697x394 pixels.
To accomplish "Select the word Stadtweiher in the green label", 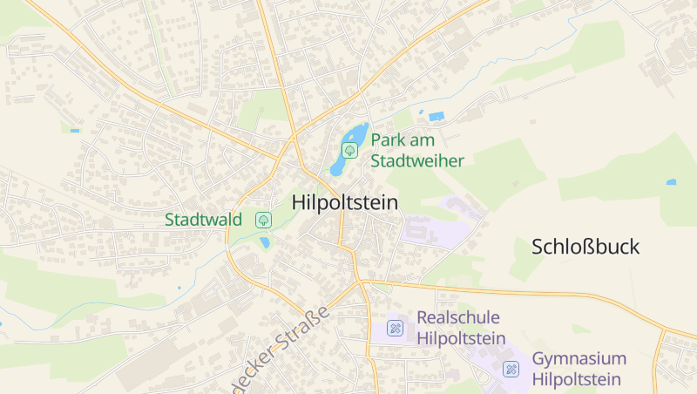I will pyautogui.click(x=417, y=160).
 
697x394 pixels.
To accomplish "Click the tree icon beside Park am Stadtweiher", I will pyautogui.click(x=350, y=150).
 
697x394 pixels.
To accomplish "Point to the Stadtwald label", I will pyautogui.click(x=203, y=220).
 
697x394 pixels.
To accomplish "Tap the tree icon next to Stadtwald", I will pyautogui.click(x=262, y=220).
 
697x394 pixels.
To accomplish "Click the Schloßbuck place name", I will pyautogui.click(x=585, y=247).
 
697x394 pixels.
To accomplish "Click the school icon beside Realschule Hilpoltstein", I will pyautogui.click(x=395, y=328).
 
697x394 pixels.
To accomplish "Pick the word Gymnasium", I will pyautogui.click(x=579, y=359).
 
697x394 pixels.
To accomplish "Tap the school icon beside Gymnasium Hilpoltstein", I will pyautogui.click(x=511, y=370).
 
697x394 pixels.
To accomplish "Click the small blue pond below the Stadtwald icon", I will pyautogui.click(x=265, y=243).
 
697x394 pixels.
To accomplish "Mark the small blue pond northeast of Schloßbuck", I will pyautogui.click(x=671, y=182).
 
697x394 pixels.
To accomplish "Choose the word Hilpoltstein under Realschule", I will pyautogui.click(x=462, y=338).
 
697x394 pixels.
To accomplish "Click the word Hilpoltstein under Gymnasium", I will pyautogui.click(x=577, y=380).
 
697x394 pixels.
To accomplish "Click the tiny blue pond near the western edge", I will pyautogui.click(x=75, y=131).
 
